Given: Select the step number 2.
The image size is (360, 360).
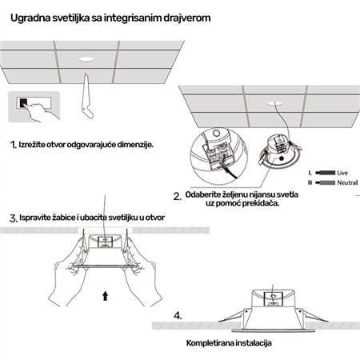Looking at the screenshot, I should coord(176,196).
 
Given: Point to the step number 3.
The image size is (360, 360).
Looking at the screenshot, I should coord(13,217).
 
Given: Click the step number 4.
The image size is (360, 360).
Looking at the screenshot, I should coord(178,315).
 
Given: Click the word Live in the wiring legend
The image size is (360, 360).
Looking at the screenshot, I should coord(343,172).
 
